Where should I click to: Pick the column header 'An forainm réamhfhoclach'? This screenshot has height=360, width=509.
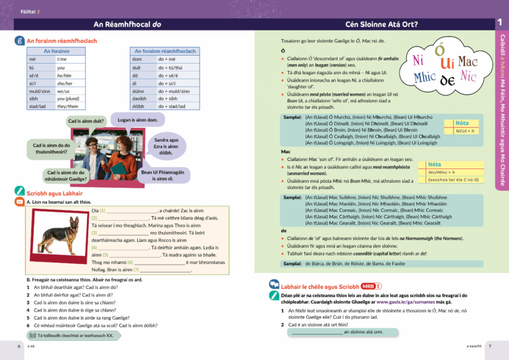tap(165, 51)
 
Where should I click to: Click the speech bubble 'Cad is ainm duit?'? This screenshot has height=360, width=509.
tap(86, 121)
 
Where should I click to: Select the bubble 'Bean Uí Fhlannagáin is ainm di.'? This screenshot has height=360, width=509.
tap(162, 175)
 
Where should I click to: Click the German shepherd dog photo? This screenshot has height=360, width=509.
tap(58, 227)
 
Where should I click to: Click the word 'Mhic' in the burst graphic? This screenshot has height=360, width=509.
tap(424, 78)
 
